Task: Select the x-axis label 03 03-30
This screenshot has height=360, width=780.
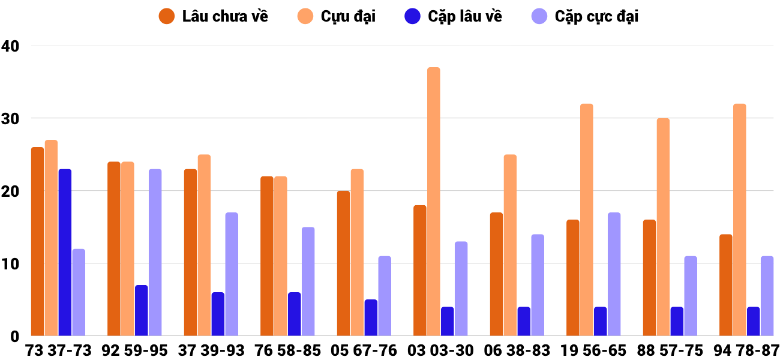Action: (440, 350)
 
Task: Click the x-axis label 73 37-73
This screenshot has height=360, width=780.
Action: (58, 350)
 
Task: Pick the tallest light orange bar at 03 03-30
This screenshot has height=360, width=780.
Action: (433, 202)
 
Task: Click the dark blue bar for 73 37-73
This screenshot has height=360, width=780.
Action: (65, 253)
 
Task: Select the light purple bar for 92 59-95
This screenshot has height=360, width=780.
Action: (155, 253)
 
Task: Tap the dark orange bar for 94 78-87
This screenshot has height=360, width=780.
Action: (725, 285)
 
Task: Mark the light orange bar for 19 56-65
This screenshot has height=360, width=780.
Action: (586, 220)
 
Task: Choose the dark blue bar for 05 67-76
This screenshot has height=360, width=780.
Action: (371, 318)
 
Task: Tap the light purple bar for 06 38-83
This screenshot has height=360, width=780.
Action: (538, 285)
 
